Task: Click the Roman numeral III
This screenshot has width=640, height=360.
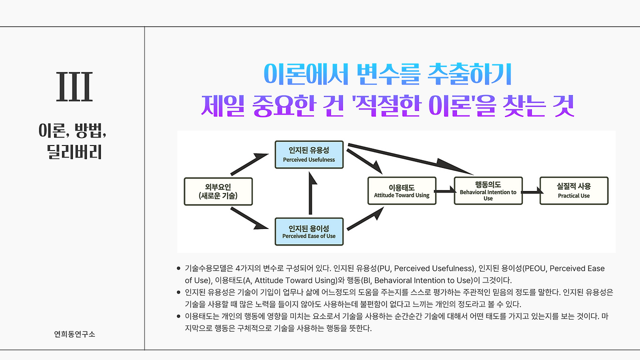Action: point(74,87)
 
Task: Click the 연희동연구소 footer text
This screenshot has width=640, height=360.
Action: point(74,334)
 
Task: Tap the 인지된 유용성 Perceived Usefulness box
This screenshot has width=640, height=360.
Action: point(309,154)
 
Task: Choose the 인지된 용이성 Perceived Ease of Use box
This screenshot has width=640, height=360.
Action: point(309,231)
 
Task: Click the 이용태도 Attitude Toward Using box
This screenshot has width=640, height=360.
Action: point(402,190)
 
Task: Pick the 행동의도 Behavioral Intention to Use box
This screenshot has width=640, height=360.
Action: point(488,190)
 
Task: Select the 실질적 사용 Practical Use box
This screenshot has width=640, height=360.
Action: point(574,190)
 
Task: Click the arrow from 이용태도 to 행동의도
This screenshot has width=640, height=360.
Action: point(445,190)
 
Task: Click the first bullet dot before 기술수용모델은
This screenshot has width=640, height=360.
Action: point(178,268)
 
